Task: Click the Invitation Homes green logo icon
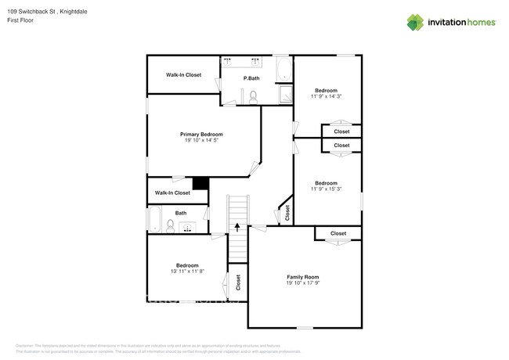pyautogui.click(x=416, y=22)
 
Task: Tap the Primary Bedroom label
pyautogui.click(x=201, y=135)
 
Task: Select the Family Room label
pyautogui.click(x=302, y=278)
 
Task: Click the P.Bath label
pyautogui.click(x=251, y=78)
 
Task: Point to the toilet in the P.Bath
pyautogui.click(x=252, y=96)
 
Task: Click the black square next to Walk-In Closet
pyautogui.click(x=200, y=184)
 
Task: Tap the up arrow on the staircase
pyautogui.click(x=236, y=228)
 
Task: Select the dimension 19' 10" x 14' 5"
pyautogui.click(x=201, y=141)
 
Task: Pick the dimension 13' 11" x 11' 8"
pyautogui.click(x=186, y=272)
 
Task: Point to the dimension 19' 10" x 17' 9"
pyautogui.click(x=302, y=284)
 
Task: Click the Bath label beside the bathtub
pyautogui.click(x=181, y=213)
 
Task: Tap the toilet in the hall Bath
pyautogui.click(x=170, y=226)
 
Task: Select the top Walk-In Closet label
pyautogui.click(x=183, y=75)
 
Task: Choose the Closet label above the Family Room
pyautogui.click(x=338, y=233)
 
